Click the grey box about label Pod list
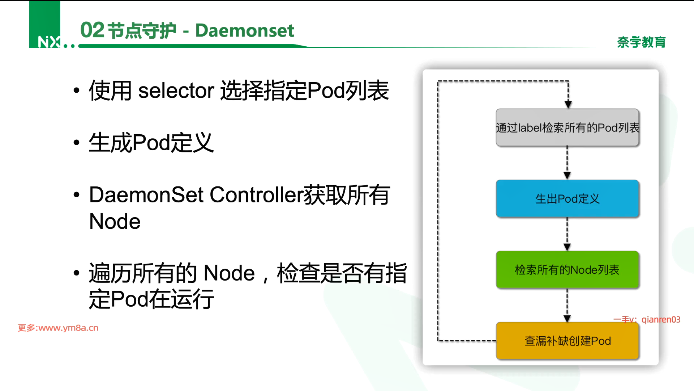[567, 127]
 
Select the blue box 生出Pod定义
[567, 198]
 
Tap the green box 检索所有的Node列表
[567, 270]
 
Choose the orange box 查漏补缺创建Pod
[567, 341]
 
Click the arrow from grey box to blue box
[567, 163]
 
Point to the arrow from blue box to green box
[567, 234]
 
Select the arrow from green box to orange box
[567, 305]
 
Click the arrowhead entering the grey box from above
[568, 105]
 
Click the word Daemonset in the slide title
[244, 30]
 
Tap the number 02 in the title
[92, 30]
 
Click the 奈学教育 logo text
[641, 42]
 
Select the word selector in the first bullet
[176, 91]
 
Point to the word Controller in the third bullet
[256, 195]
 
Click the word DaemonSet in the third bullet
[146, 195]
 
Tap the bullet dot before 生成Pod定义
[76, 143]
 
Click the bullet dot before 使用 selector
[76, 90]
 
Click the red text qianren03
[661, 320]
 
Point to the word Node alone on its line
[115, 221]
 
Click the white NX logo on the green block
[49, 42]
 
